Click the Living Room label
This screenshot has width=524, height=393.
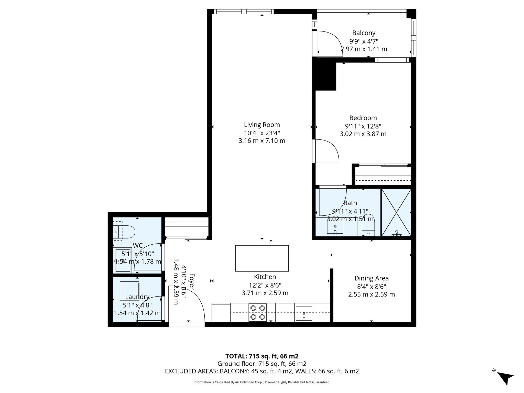(262, 125)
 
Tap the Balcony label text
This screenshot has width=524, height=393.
(364, 33)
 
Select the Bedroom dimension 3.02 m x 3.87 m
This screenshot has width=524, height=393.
(363, 134)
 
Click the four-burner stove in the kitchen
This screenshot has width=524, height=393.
(257, 312)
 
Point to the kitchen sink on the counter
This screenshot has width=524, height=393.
(304, 313)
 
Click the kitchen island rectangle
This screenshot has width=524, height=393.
(262, 258)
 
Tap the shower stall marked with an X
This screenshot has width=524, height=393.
(396, 212)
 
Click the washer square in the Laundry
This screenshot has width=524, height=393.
(129, 291)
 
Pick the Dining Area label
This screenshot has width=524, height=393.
(371, 278)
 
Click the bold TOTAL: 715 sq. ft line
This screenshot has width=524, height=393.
(262, 356)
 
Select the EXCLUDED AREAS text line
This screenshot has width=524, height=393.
(262, 371)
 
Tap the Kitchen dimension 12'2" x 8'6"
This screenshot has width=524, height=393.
(265, 285)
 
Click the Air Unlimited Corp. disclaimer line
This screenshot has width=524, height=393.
(262, 382)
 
